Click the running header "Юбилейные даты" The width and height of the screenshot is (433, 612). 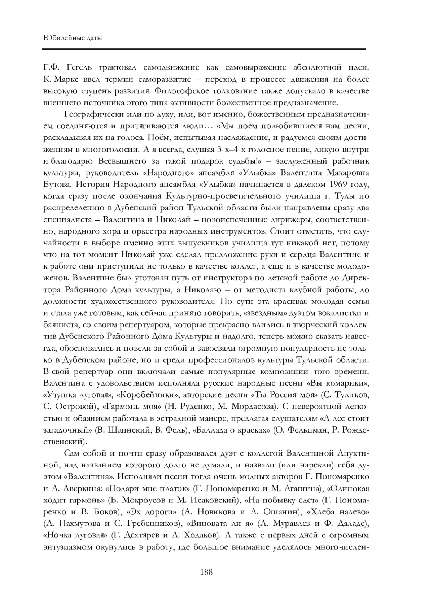(x=72, y=37)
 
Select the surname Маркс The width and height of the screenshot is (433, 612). (x=71, y=79)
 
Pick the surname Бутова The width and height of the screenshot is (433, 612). (x=56, y=185)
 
